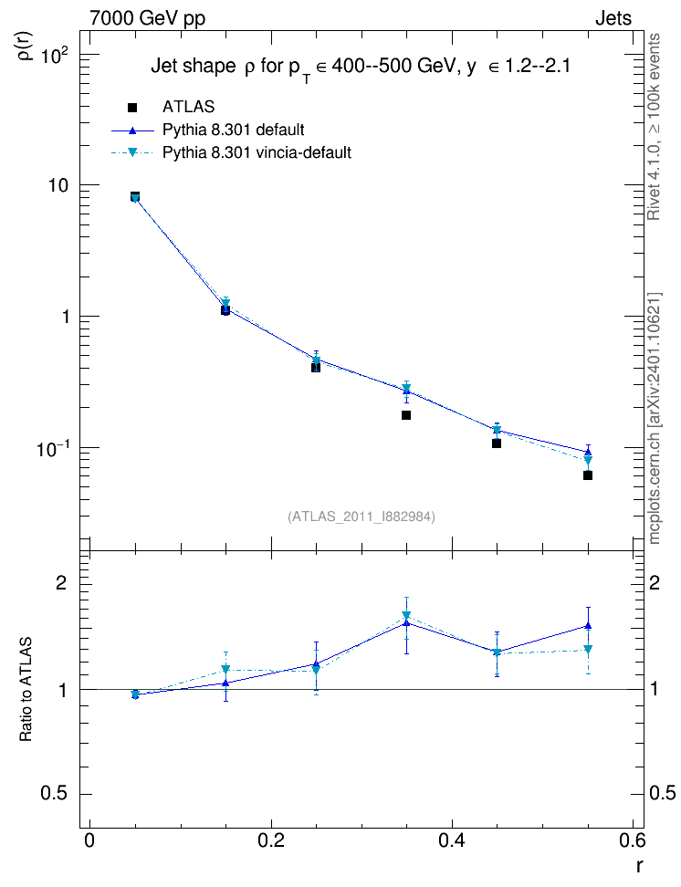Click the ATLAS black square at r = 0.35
[x=406, y=415]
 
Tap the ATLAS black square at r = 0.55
[x=588, y=475]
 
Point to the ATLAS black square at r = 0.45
[x=497, y=443]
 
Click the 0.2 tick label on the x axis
[x=270, y=840]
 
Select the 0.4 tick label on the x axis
[x=452, y=840]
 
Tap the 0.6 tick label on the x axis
[x=632, y=840]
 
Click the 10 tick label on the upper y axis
[x=58, y=186]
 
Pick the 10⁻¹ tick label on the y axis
[x=53, y=449]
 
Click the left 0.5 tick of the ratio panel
[x=54, y=793]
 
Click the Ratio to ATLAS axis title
[x=26, y=690]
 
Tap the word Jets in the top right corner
[x=613, y=18]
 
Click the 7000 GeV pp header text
[x=147, y=18]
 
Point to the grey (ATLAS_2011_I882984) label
[x=361, y=517]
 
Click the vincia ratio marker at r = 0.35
[x=406, y=615]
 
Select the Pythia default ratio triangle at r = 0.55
[x=588, y=626]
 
